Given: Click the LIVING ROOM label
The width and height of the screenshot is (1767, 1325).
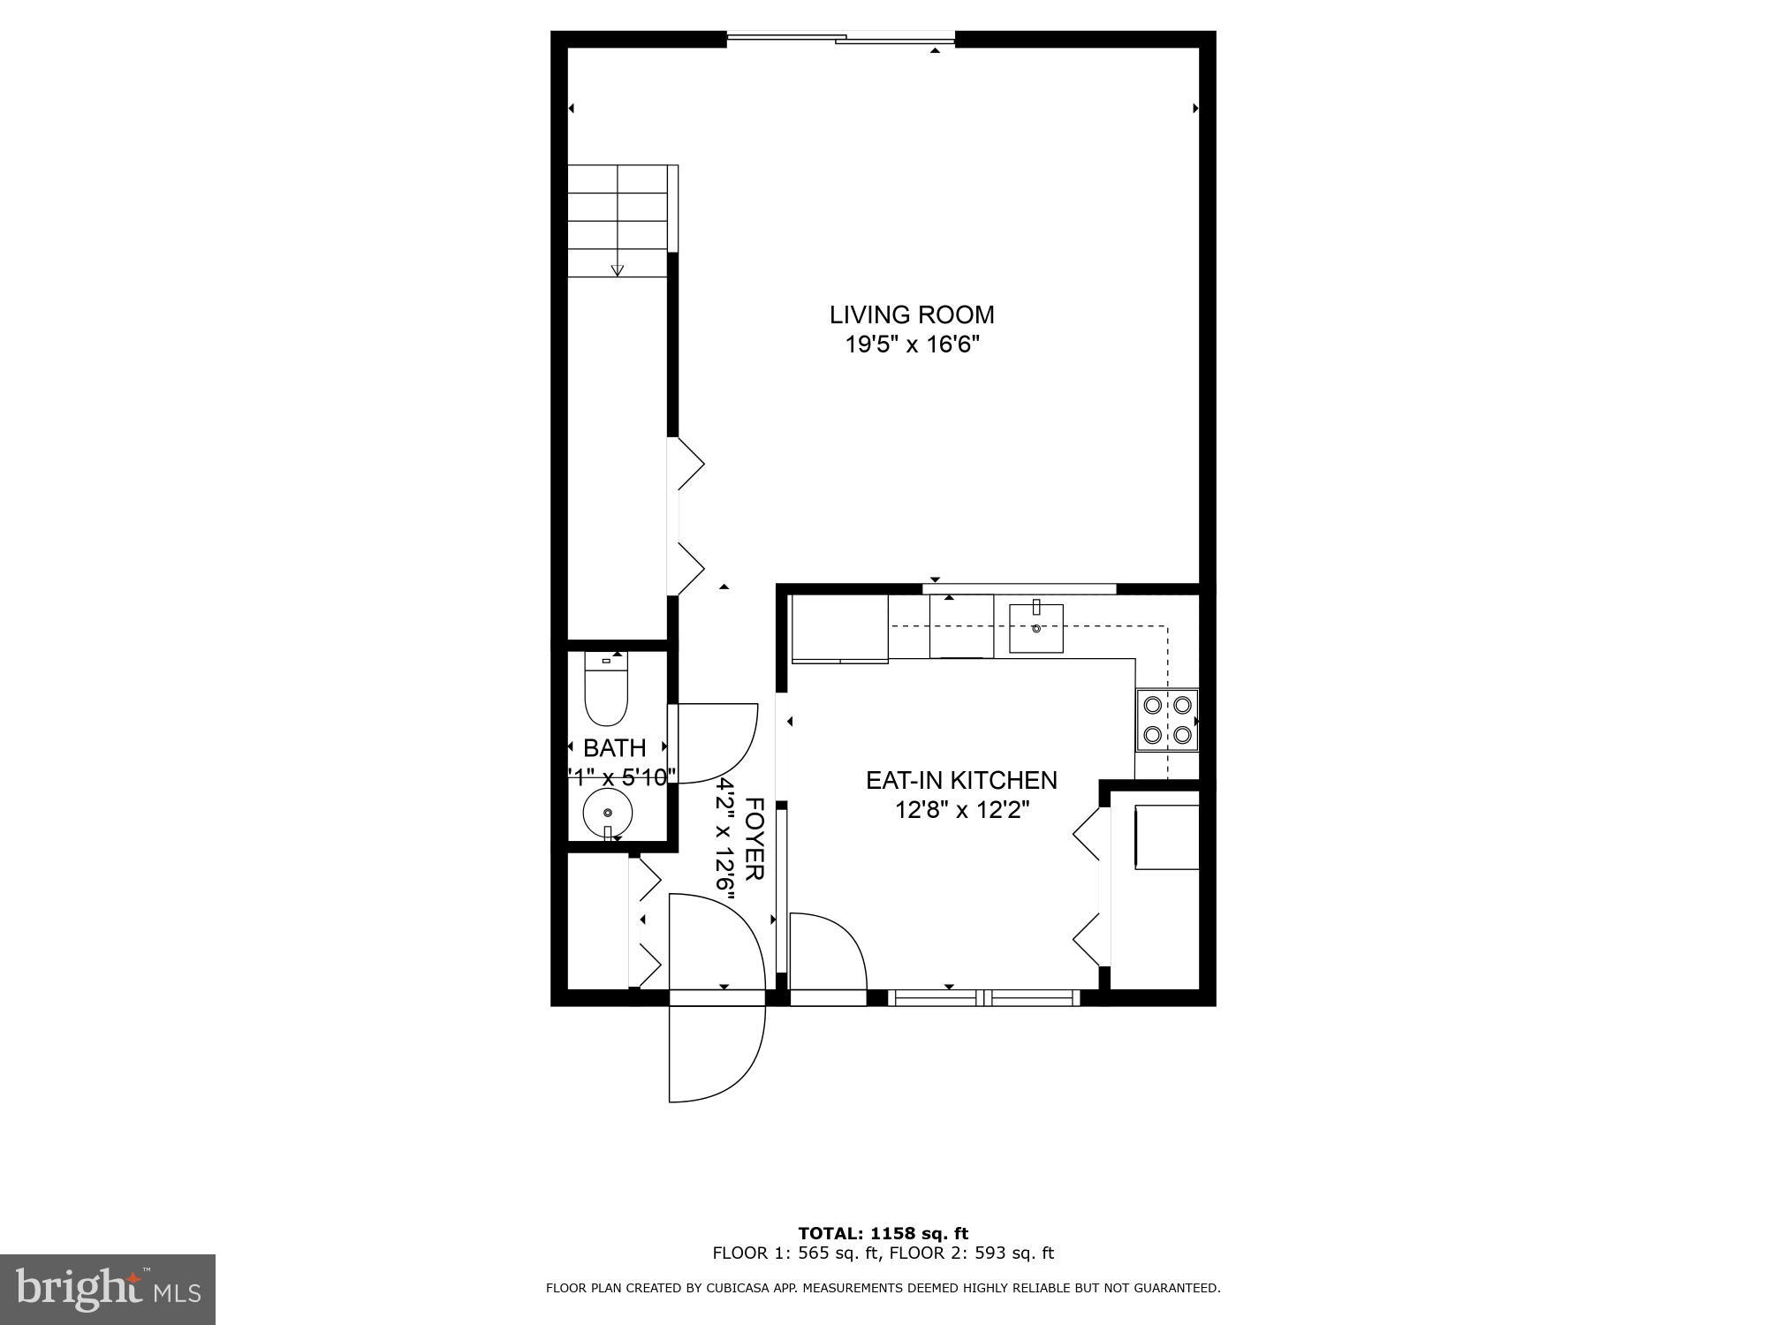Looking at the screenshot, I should (912, 314).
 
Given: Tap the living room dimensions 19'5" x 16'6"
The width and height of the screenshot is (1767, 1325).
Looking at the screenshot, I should (913, 344).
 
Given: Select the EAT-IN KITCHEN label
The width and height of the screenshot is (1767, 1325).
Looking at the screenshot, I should (960, 780).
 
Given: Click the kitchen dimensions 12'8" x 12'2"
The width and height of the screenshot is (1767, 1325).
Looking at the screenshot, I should (962, 809).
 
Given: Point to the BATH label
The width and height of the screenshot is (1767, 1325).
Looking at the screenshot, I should (614, 748).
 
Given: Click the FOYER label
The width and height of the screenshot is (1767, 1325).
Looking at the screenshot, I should (754, 838).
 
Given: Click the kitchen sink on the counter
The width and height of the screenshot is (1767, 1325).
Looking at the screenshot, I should (1036, 627).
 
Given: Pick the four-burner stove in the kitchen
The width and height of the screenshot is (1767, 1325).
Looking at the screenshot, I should (1166, 720).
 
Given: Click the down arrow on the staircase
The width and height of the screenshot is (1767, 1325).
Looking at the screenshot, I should (618, 269).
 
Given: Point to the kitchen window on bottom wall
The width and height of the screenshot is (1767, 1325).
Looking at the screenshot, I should (984, 998).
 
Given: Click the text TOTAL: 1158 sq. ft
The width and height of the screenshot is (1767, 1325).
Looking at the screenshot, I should (883, 1233).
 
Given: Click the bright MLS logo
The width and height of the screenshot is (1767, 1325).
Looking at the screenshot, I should (108, 1290).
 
